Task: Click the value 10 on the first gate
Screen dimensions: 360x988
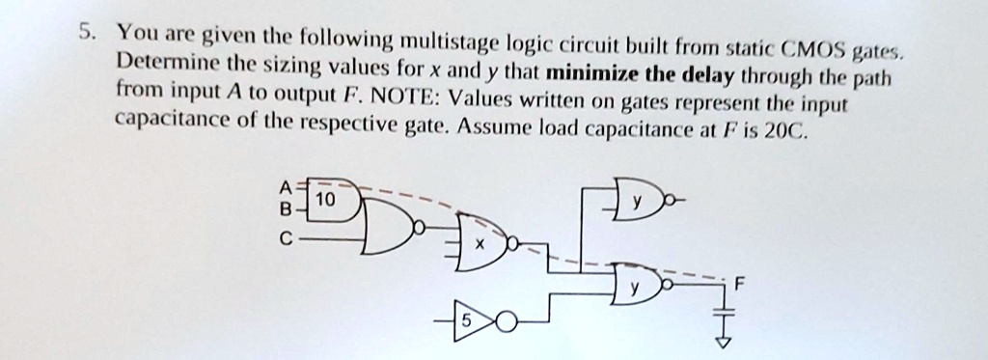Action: pos(327,200)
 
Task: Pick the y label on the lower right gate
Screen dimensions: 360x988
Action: pos(634,287)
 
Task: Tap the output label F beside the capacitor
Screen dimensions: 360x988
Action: pos(739,286)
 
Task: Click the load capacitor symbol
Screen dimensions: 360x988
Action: pos(718,310)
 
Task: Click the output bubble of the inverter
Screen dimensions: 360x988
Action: pos(504,323)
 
